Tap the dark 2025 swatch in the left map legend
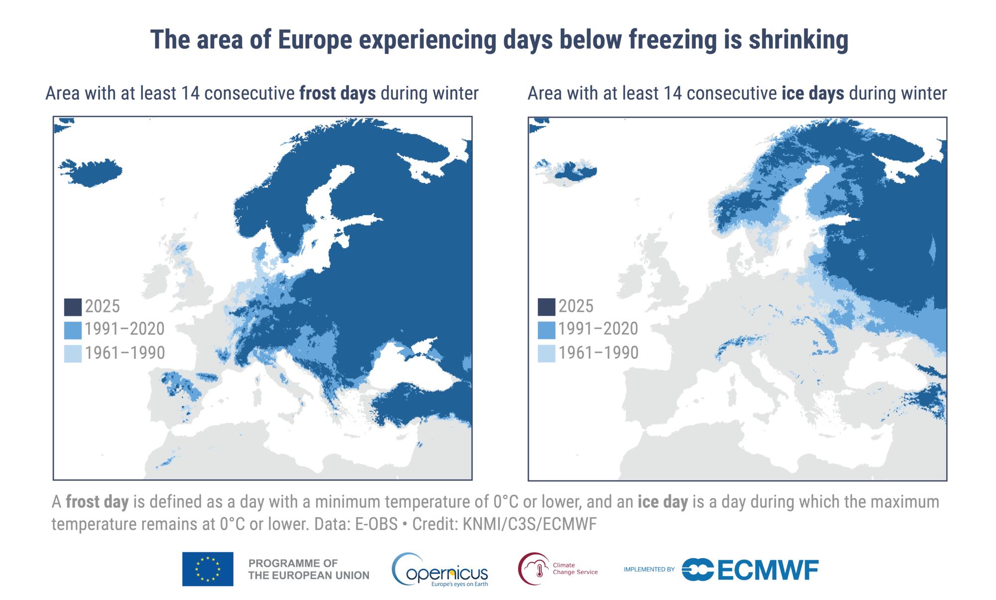[72, 306]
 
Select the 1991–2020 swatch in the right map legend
[546, 330]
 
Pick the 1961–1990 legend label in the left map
[124, 353]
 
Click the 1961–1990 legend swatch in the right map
[546, 353]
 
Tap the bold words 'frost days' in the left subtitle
[337, 94]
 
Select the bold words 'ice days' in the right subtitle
[812, 94]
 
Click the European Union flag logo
[208, 569]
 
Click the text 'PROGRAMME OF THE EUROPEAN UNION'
[308, 569]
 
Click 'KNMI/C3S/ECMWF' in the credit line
[529, 524]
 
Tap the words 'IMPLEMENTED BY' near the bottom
[649, 569]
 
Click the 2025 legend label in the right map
[576, 306]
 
